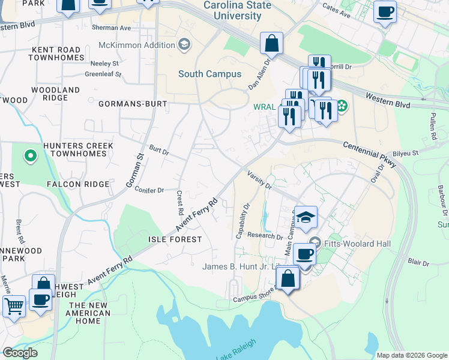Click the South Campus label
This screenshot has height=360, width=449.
(x=209, y=74)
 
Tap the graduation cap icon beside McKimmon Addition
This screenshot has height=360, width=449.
(x=184, y=44)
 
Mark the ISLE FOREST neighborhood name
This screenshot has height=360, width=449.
(x=175, y=239)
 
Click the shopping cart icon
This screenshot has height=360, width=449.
(x=14, y=305)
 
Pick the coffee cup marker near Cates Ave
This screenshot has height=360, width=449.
(x=385, y=11)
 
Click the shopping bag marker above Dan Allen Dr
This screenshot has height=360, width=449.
(x=271, y=43)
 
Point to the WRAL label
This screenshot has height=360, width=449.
(x=264, y=108)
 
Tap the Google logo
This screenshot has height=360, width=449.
(x=19, y=352)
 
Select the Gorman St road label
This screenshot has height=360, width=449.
(x=136, y=172)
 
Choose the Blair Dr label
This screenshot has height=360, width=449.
(x=418, y=262)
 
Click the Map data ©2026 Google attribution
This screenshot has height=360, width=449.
(x=411, y=355)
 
